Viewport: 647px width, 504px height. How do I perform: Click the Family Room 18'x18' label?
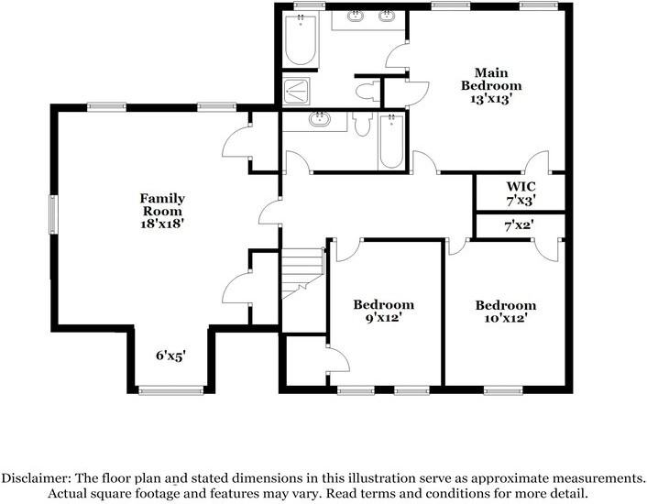[162, 211]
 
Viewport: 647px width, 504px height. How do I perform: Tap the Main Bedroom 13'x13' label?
[491, 85]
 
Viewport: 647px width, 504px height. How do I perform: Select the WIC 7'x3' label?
[520, 192]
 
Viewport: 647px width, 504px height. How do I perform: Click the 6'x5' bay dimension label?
[170, 356]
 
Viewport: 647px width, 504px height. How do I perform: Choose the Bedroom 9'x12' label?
[384, 312]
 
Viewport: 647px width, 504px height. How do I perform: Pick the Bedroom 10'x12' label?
[505, 312]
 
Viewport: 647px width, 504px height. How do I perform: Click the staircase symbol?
[302, 271]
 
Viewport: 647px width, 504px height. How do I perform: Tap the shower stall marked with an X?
[297, 90]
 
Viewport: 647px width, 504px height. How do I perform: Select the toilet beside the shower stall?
[368, 90]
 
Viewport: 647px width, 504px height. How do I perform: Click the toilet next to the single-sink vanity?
[360, 124]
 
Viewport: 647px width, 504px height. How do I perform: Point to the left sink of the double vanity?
[355, 16]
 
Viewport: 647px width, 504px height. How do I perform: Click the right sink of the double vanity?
[388, 16]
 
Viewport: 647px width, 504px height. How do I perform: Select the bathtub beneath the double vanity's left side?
[301, 39]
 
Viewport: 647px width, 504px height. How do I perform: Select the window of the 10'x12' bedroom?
[504, 391]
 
